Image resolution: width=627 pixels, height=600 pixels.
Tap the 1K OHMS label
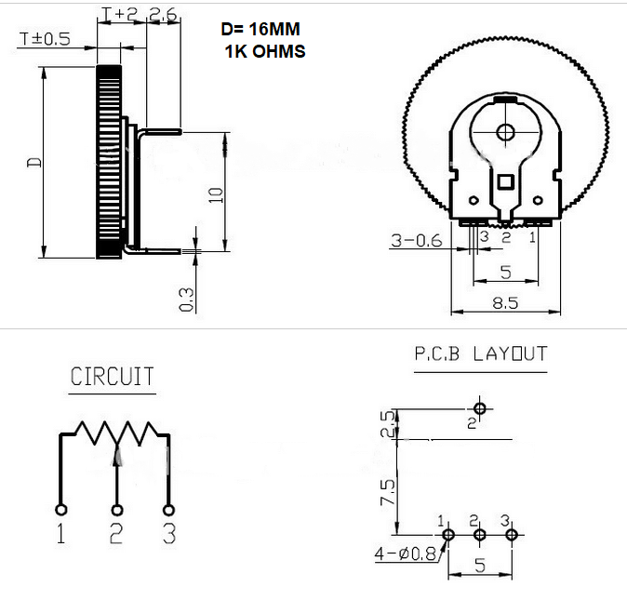(265, 51)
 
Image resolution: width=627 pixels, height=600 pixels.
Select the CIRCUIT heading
(113, 377)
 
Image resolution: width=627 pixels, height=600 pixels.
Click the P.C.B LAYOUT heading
(481, 353)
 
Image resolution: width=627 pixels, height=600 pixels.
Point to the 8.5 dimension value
(505, 303)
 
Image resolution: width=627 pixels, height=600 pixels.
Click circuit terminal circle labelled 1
(61, 510)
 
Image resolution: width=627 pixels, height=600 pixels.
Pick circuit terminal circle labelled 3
(169, 510)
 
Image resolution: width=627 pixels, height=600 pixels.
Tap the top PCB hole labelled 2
(480, 408)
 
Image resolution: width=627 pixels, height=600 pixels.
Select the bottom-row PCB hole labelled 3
(511, 535)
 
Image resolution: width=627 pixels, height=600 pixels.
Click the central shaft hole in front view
(505, 132)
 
